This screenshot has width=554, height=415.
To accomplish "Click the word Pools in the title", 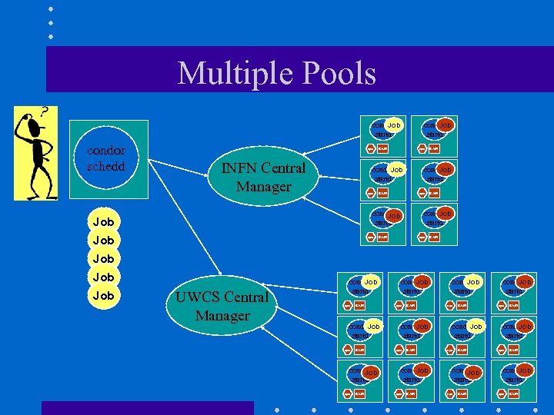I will [x=340, y=74].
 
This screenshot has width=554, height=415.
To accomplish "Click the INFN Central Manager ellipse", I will [x=263, y=178].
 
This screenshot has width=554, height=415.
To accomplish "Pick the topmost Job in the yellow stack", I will [x=103, y=222].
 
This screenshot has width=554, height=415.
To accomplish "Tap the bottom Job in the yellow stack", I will [x=103, y=296].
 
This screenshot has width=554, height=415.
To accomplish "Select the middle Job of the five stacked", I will [x=103, y=259].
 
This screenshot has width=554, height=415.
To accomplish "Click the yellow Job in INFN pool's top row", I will [x=394, y=124].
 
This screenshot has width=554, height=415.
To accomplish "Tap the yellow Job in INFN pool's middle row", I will [x=396, y=169].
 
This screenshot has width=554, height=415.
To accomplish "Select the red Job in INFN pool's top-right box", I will [x=445, y=124].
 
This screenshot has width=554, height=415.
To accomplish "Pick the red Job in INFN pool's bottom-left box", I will [x=394, y=216].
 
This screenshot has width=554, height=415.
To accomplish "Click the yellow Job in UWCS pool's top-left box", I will [x=371, y=283].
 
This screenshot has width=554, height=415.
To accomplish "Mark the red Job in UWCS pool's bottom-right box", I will [x=525, y=371].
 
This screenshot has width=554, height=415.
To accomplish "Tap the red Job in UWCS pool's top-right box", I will [x=525, y=283].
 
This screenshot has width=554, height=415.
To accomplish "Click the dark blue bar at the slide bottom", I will [x=147, y=407].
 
